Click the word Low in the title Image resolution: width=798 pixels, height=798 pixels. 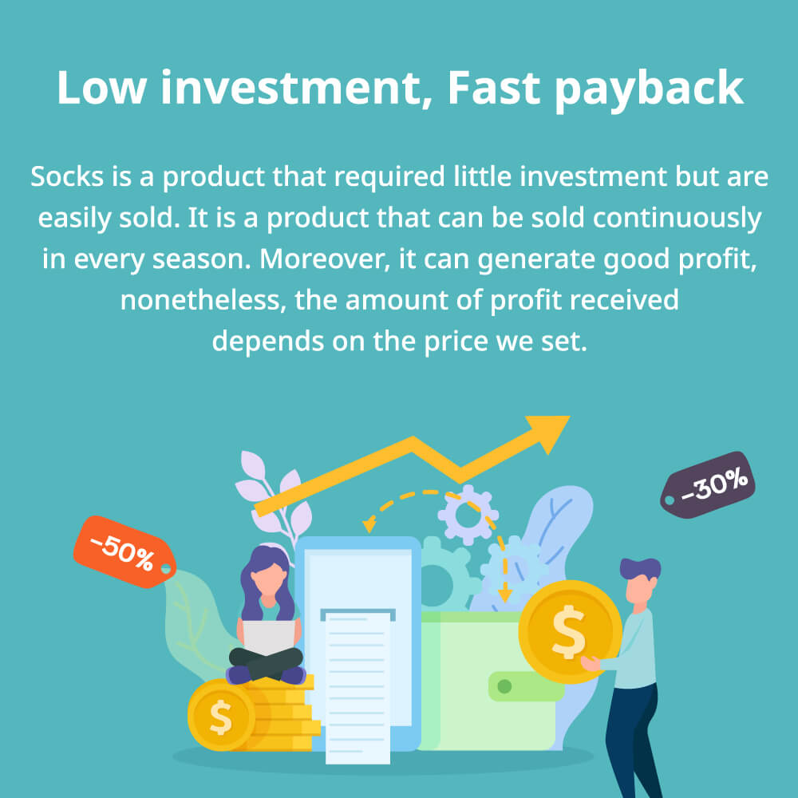[x=102, y=88]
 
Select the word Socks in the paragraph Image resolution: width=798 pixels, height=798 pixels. [x=67, y=176]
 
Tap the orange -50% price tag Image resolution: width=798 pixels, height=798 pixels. [x=124, y=551]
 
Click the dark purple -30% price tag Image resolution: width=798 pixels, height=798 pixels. [x=707, y=484]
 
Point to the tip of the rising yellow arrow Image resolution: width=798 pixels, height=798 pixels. [x=570, y=417]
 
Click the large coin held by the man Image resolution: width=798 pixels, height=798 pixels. [x=570, y=631]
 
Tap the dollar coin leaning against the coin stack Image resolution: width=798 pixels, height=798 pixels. [x=221, y=716]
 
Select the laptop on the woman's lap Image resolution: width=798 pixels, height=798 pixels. [x=268, y=637]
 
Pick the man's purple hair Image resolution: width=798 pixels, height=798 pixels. [x=640, y=567]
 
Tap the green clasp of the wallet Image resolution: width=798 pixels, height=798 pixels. [x=526, y=686]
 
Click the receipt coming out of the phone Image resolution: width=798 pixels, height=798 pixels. [x=358, y=687]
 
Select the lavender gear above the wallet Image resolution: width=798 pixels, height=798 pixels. [x=468, y=515]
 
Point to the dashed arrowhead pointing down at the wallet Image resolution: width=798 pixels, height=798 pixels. [x=504, y=595]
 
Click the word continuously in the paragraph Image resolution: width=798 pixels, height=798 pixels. [x=677, y=219]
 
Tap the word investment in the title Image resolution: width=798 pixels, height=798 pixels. [x=296, y=88]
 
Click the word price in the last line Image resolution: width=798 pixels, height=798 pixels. [x=456, y=342]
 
